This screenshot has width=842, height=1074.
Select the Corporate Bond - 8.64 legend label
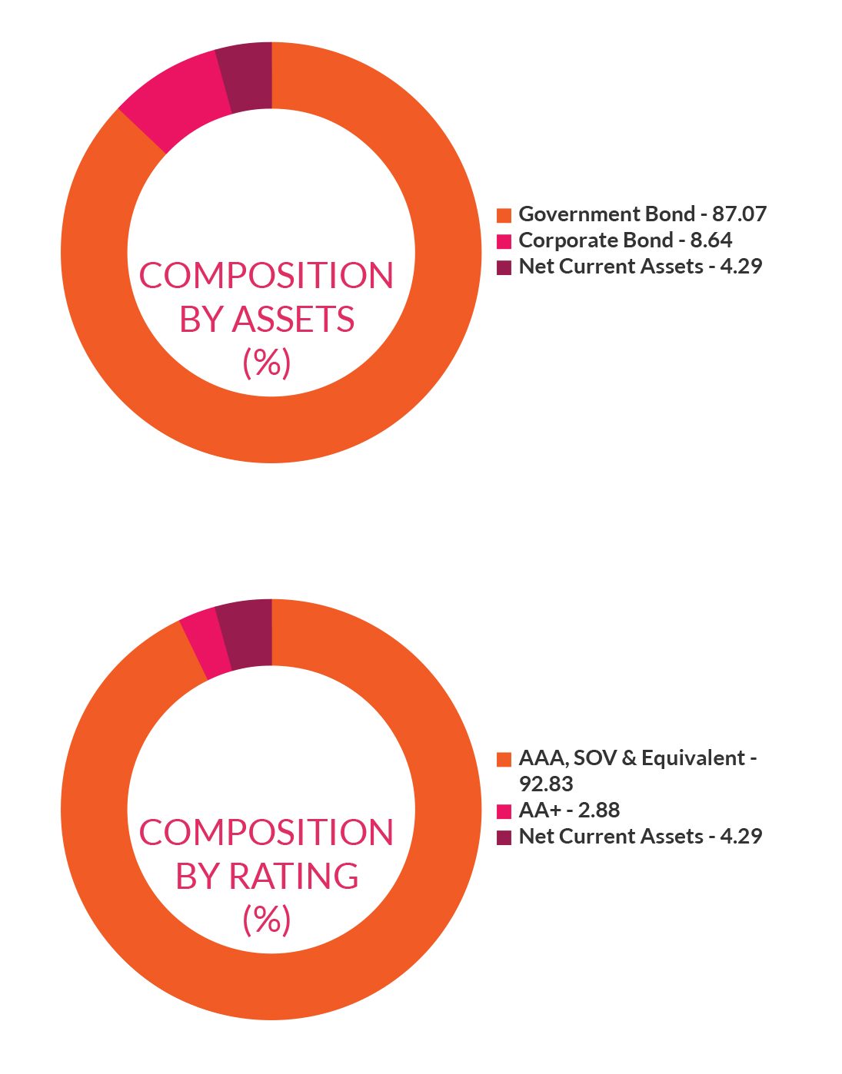(x=625, y=240)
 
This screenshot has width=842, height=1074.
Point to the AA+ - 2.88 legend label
(x=569, y=810)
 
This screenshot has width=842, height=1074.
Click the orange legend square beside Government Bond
(x=504, y=215)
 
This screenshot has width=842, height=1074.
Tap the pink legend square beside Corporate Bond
(x=504, y=241)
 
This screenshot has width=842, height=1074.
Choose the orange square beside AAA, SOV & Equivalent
(x=504, y=760)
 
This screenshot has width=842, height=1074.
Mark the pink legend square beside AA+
(x=504, y=811)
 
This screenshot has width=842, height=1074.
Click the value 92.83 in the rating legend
(x=546, y=784)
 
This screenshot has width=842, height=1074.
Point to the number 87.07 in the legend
(x=740, y=214)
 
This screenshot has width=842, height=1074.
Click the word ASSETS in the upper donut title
(x=294, y=320)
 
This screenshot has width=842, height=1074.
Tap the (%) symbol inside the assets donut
(x=267, y=363)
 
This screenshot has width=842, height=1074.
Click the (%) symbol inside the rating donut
(x=267, y=920)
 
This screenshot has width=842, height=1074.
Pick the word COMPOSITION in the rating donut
(x=266, y=833)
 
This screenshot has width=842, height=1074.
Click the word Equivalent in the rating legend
(x=693, y=758)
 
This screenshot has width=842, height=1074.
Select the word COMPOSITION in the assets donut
(x=266, y=276)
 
